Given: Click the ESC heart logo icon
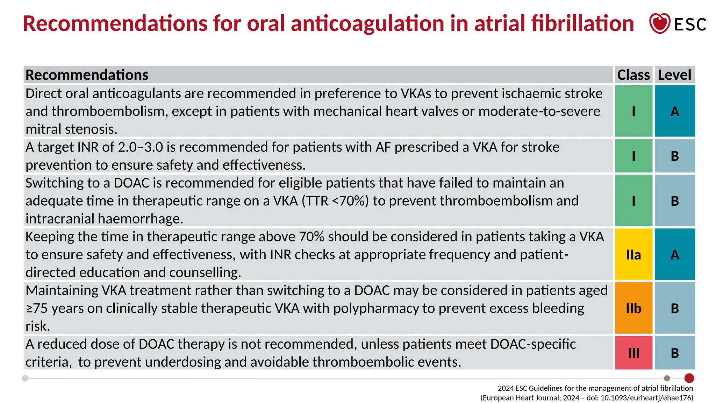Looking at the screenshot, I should (659, 23).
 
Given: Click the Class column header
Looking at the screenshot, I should (633, 75).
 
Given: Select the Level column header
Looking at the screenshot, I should (674, 75).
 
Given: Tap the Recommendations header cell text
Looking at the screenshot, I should (87, 75).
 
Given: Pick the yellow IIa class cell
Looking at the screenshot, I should (633, 255).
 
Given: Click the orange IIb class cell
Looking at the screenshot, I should (633, 308).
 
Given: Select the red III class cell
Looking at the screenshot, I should (633, 353).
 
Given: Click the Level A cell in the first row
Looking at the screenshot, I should (675, 111).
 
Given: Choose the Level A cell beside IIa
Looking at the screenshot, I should (675, 255).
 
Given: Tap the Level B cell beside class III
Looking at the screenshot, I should (675, 353).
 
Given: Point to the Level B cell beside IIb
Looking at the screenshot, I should (675, 308).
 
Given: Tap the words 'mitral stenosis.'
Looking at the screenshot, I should (71, 129).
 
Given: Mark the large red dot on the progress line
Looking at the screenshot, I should (689, 378).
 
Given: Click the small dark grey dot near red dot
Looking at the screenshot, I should (667, 378).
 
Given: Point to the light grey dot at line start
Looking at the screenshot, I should (25, 378).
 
